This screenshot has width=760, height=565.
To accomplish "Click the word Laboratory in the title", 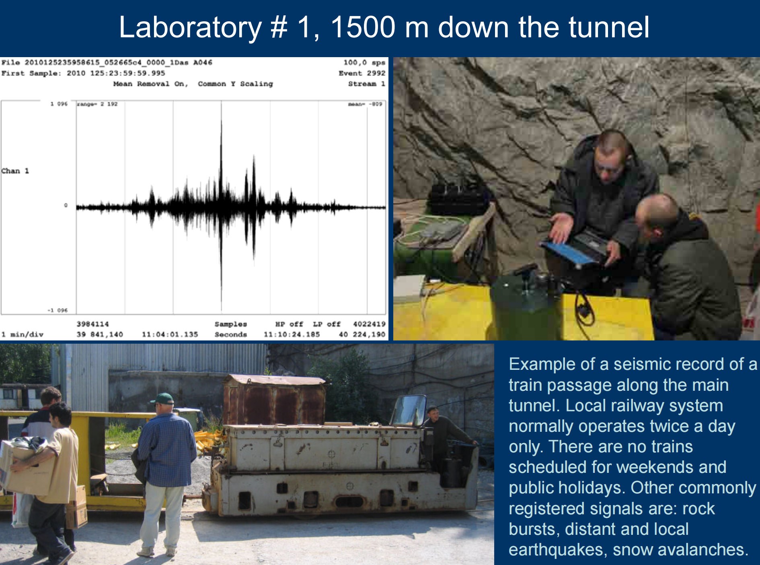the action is (x=190, y=27).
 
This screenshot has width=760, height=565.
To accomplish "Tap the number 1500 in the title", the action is (x=363, y=27).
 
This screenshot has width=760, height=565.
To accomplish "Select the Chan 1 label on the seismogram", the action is (x=15, y=171).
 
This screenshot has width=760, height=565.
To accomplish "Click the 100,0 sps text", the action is (x=364, y=62).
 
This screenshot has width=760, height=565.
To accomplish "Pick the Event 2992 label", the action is (x=362, y=73).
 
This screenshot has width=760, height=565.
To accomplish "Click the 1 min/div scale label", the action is (x=22, y=334).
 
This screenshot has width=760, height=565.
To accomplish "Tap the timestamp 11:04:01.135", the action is (x=170, y=334).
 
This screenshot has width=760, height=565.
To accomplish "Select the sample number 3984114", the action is (x=92, y=324).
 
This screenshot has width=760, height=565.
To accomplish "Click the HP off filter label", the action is (x=289, y=324).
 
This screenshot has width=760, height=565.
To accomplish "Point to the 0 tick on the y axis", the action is (x=66, y=205).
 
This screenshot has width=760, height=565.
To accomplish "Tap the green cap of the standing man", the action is (x=162, y=399).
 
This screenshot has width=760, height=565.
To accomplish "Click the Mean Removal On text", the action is (x=150, y=84).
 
